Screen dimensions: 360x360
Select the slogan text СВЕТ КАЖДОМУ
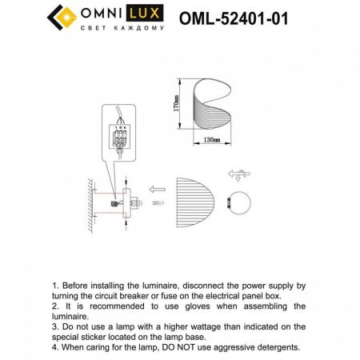click(x=123, y=28)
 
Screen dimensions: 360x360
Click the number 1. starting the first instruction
click(x=55, y=285)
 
